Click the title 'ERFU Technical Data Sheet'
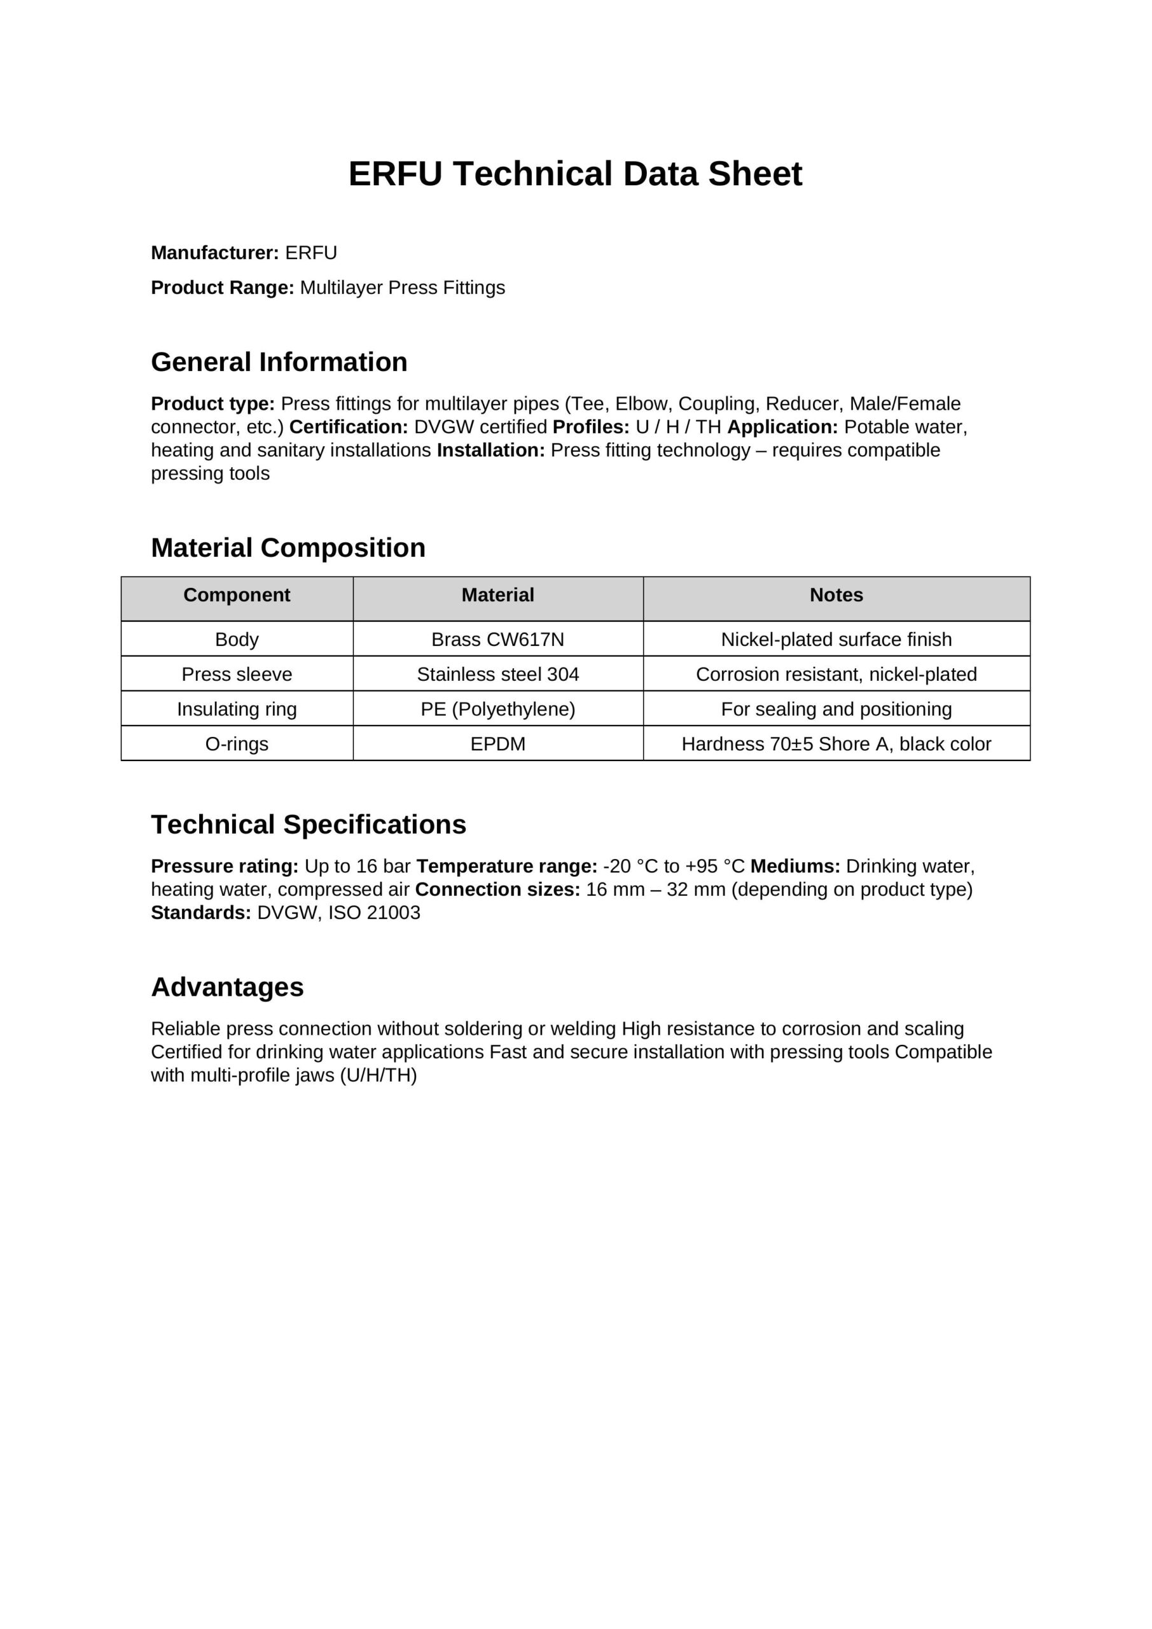(x=574, y=174)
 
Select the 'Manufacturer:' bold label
(x=214, y=253)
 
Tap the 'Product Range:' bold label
(x=222, y=288)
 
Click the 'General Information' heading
(x=279, y=363)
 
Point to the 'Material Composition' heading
(x=288, y=548)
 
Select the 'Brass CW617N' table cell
(x=498, y=640)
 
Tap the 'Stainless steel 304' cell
(x=498, y=674)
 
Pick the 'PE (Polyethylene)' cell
(x=498, y=709)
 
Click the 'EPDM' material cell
(x=498, y=744)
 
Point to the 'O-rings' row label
(x=237, y=744)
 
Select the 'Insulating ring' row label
(x=237, y=709)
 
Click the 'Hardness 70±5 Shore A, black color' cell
(x=836, y=744)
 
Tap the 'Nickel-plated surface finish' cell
(x=836, y=640)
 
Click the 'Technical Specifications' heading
(x=309, y=825)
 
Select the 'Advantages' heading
(x=227, y=987)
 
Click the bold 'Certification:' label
(x=349, y=427)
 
